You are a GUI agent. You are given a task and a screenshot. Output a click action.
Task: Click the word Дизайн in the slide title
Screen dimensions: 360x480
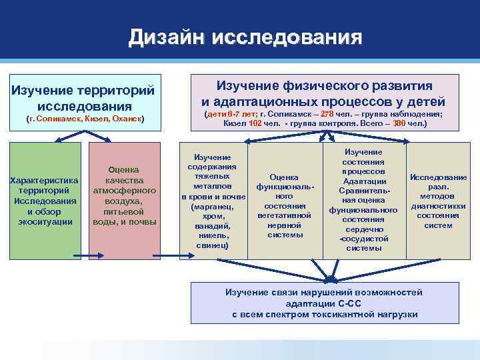(x=167, y=37)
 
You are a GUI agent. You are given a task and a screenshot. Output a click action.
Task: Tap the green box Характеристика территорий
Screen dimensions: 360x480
(x=45, y=200)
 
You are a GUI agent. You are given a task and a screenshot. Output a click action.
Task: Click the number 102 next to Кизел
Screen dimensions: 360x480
(x=255, y=123)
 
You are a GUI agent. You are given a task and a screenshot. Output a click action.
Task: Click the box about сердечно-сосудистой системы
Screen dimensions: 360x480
(x=364, y=200)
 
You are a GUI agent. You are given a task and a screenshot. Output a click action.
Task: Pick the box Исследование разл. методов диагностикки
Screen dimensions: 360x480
(x=438, y=201)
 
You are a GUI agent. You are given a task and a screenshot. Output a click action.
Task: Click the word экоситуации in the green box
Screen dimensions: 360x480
(x=45, y=221)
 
